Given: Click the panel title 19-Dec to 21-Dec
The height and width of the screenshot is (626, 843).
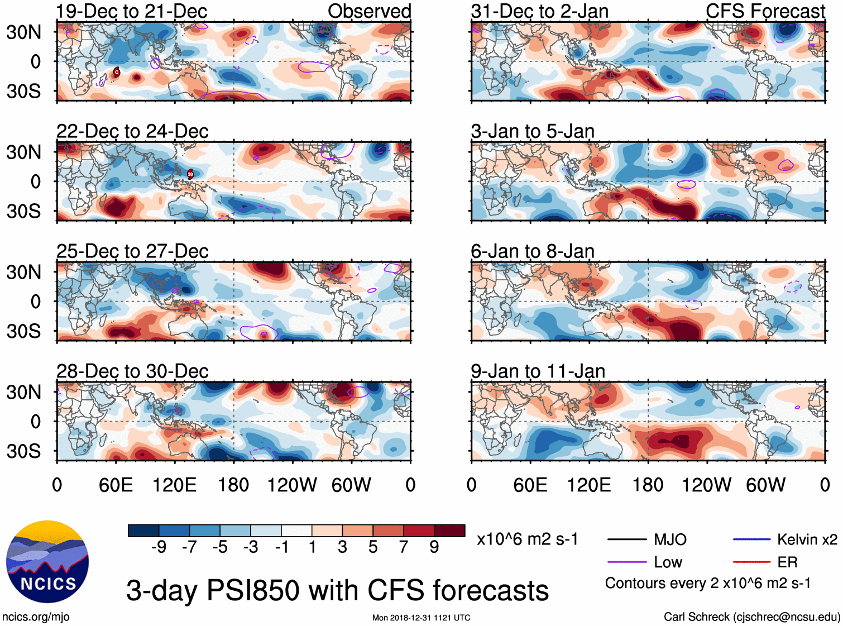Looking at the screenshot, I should [x=132, y=11].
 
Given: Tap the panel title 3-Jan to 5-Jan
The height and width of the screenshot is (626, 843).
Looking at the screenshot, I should [x=533, y=132].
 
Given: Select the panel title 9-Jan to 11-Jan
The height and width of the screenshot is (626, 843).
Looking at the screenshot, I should [x=538, y=371].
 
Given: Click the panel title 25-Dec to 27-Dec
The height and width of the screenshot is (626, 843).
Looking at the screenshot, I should [x=132, y=251].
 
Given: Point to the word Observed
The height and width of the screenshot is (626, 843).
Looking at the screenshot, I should [x=369, y=11].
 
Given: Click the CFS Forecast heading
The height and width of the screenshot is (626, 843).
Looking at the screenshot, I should [x=765, y=11].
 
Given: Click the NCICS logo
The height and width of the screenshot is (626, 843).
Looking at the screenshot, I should [x=47, y=562].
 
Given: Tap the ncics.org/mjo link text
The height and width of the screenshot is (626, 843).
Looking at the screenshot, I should [x=36, y=617].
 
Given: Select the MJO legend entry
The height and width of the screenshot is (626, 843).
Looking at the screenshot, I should [x=670, y=539].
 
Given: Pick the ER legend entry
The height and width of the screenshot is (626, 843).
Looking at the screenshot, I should [x=787, y=562].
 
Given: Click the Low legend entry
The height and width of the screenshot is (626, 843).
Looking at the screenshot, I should [x=668, y=562].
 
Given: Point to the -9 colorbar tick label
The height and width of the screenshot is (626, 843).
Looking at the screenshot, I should [x=159, y=547].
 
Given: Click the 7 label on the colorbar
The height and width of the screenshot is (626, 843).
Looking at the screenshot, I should [x=404, y=547].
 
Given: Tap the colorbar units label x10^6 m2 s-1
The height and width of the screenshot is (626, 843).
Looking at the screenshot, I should [x=528, y=539].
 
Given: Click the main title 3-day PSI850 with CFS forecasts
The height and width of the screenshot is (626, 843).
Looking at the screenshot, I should [x=337, y=590].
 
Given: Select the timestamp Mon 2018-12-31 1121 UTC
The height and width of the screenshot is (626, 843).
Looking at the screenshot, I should [x=421, y=618].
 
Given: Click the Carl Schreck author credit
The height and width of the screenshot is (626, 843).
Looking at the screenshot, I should [x=751, y=617].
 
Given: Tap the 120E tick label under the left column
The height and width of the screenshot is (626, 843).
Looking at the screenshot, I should [x=175, y=485].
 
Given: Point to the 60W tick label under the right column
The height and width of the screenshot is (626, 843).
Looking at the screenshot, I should [x=765, y=485].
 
